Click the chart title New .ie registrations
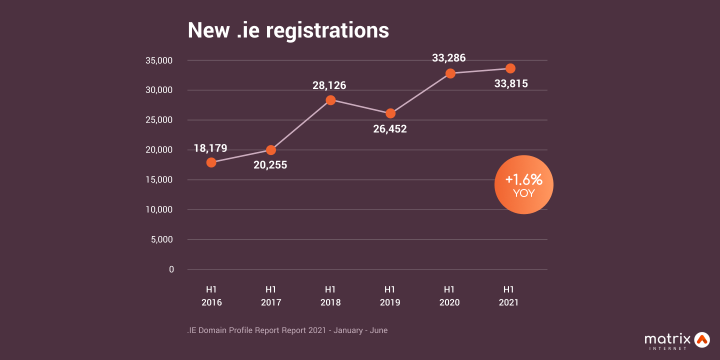pos(288,30)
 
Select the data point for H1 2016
pos(211,162)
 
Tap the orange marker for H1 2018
pos(330,100)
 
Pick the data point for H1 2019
pos(390,113)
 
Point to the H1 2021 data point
pos(510,68)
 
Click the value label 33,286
pos(448,58)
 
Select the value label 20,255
pos(270,164)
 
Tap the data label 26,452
pos(389,129)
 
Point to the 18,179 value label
pos(210,148)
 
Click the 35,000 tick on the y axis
pos(158,60)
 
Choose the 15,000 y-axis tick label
pos(158,180)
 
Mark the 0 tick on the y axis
pos(171,269)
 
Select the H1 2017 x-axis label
pos(270,296)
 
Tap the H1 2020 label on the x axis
pos(449,296)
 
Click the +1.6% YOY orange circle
pos(523,185)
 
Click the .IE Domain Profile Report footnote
pos(287,330)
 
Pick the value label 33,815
pos(510,84)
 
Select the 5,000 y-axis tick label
pos(161,239)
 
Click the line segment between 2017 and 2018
pos(300,125)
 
